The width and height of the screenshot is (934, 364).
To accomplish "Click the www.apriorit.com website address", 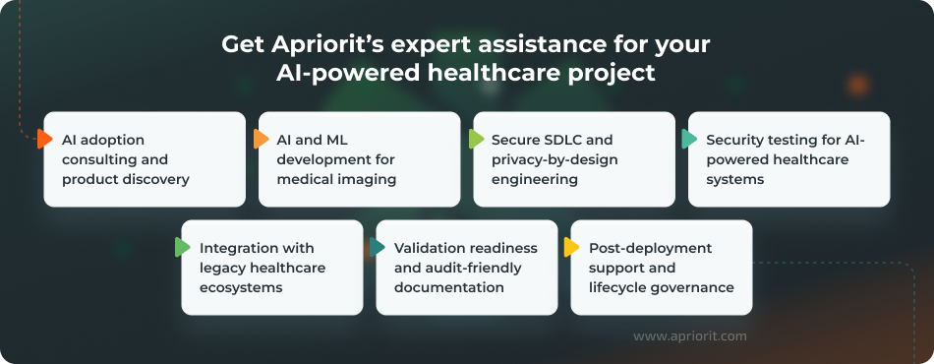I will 689,335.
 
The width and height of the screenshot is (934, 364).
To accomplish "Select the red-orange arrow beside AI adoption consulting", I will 44,139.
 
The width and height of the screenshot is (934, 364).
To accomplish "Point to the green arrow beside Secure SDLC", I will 476,139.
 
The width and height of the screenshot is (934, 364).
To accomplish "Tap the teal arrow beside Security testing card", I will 690,139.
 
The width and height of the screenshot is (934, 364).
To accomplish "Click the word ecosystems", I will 240,287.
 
